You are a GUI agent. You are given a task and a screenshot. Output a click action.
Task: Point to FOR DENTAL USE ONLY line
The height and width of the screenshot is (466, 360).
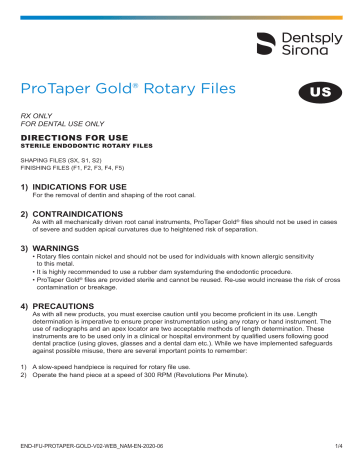(x=68, y=126)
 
